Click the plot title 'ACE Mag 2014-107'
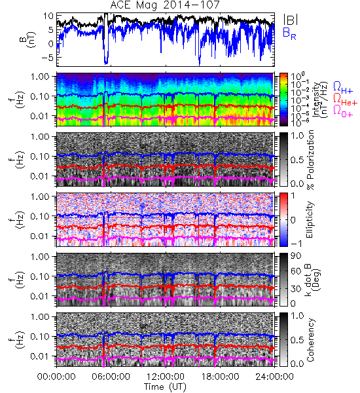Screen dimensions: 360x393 click(165, 5)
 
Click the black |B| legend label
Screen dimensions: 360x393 click(291, 20)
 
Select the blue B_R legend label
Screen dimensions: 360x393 click(289, 33)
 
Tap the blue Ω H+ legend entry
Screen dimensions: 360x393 click(343, 87)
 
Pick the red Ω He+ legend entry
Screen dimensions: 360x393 click(345, 99)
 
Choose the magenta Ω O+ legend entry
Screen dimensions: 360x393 click(343, 111)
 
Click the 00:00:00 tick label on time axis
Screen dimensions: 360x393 click(56, 377)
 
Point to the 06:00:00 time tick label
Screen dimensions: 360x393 click(111, 377)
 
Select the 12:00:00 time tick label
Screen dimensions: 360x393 click(166, 377)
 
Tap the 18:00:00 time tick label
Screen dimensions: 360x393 click(220, 377)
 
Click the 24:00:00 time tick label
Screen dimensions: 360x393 click(274, 377)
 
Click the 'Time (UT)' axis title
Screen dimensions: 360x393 click(165, 387)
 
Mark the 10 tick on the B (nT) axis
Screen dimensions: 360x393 click(48, 16)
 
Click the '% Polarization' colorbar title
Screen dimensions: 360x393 click(311, 160)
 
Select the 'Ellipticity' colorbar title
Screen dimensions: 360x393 click(310, 219)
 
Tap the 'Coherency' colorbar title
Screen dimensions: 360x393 click(310, 340)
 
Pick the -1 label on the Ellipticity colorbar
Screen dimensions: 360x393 click(296, 244)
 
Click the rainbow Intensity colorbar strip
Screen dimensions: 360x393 click(283, 100)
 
